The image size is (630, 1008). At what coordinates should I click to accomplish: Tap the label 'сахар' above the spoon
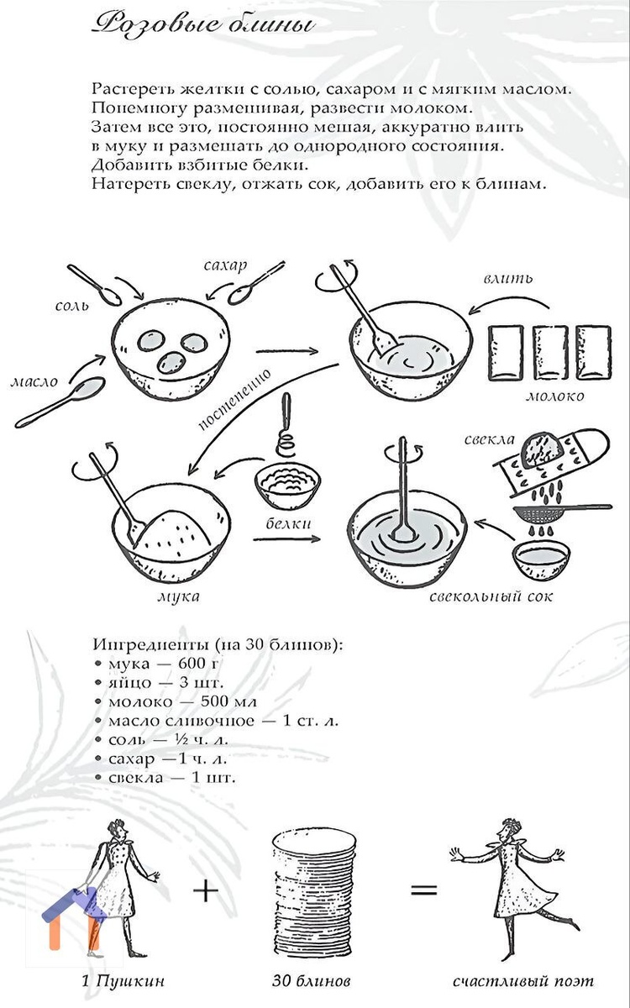pos(225,265)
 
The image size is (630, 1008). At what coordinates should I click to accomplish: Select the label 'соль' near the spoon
pos(72,306)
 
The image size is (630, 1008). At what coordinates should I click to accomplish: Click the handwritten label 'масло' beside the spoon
pos(34,382)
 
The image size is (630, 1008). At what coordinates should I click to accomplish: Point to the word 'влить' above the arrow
pos(508,278)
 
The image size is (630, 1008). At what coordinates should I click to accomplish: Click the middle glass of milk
pos(550,353)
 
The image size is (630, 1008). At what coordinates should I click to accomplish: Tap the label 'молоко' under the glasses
pos(555,396)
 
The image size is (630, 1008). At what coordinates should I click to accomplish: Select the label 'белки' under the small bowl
pos(288,523)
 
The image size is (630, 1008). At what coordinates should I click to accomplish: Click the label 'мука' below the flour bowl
pos(178,596)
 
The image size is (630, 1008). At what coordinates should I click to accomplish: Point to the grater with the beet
pos(551,462)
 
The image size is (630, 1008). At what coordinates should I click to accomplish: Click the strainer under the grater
pos(562,512)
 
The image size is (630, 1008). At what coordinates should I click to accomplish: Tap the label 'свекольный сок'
pos(491,596)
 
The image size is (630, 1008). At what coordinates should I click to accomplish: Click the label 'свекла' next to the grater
pos(489,439)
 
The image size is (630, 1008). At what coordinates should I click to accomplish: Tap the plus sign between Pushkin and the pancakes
pos(206,889)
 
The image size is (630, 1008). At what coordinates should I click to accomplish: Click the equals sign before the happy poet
pos(423,890)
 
